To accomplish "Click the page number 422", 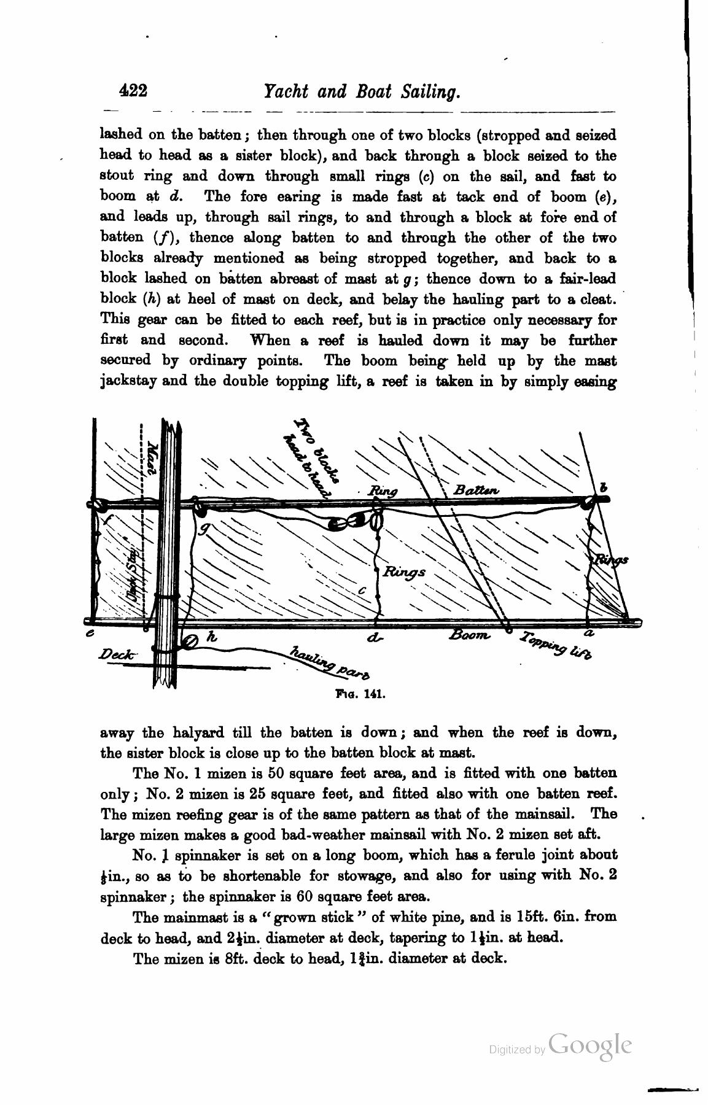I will pos(133,91).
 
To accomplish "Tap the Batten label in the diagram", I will pos(477,490).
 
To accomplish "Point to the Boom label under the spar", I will pos(470,635).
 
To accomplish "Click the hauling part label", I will pos(330,663).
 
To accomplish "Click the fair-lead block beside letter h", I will pos(190,642).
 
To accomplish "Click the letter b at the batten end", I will pos(603,487).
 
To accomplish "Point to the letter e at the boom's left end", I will pos(91,633).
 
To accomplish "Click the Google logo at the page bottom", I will pos(590,1046).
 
